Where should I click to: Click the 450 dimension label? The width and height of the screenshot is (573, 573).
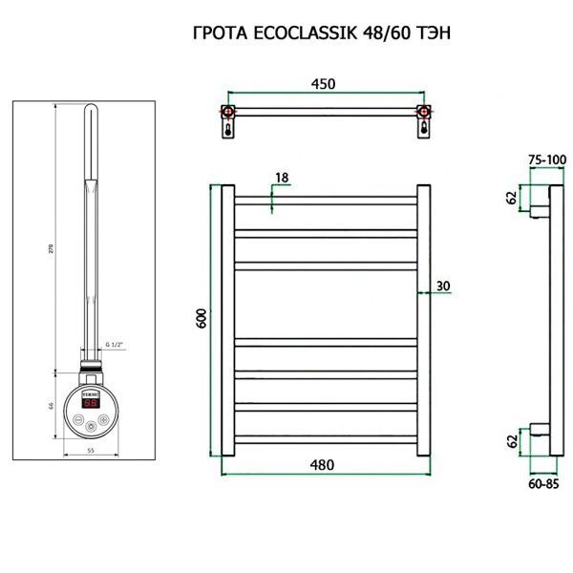(x=323, y=85)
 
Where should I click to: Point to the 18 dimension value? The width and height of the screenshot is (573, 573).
(x=281, y=178)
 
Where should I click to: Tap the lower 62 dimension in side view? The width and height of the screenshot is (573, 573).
(x=512, y=441)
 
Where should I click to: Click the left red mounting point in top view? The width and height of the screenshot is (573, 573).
(x=228, y=113)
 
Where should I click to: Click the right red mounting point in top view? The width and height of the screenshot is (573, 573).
(x=422, y=113)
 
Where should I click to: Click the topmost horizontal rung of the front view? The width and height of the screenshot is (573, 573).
(x=323, y=200)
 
